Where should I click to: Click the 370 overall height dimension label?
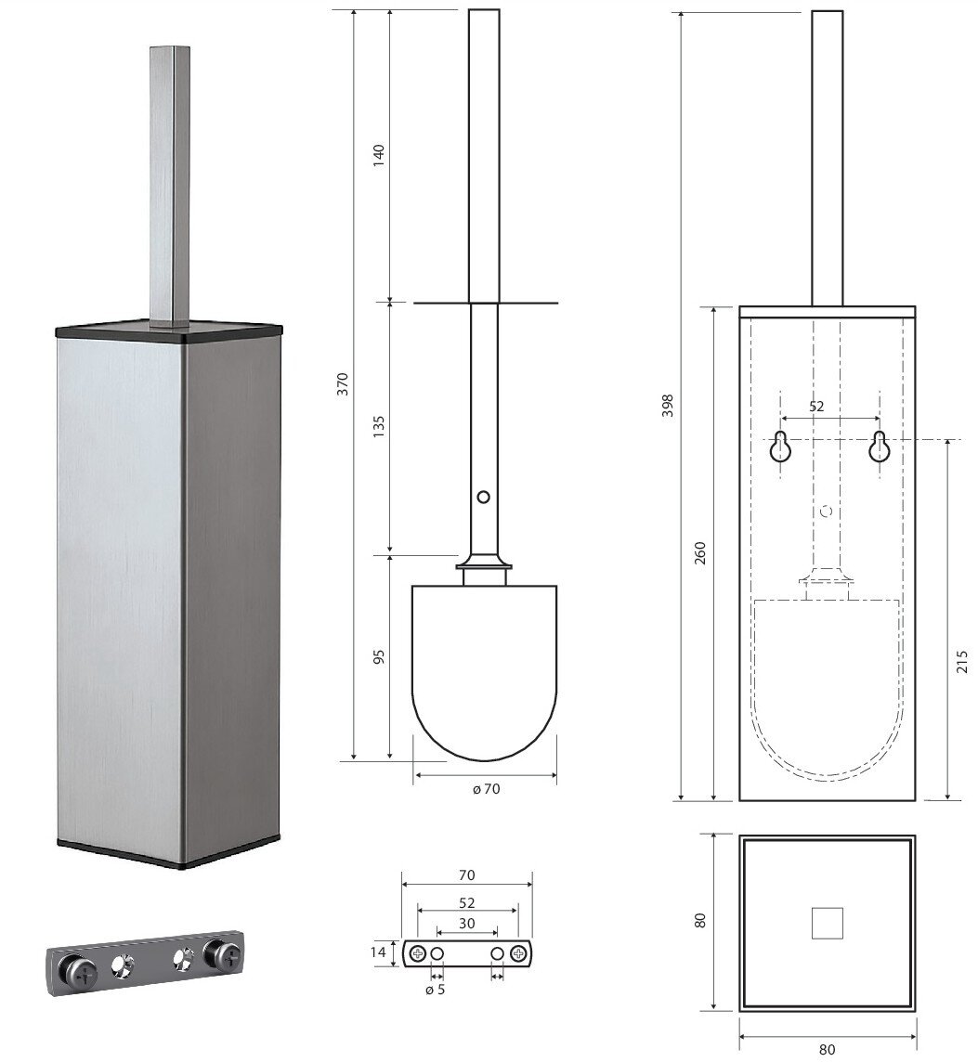point(343,384)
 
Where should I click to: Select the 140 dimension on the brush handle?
point(378,155)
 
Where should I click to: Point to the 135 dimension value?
point(378,426)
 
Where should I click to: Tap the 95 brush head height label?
point(378,656)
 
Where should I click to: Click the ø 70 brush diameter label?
point(486,789)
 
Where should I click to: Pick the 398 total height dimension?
point(668,405)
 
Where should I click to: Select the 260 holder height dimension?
point(700,552)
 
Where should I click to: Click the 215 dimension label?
point(962,661)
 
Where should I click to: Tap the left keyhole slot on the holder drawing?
point(780,447)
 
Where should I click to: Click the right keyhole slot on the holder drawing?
point(879,447)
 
